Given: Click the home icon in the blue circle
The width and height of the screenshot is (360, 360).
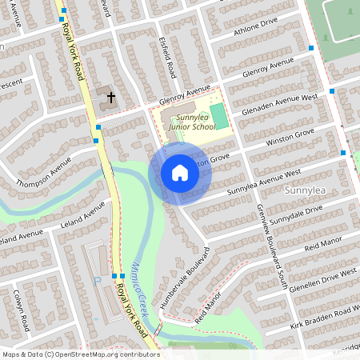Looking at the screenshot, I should click(x=179, y=173).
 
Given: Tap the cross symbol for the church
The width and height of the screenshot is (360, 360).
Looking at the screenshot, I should click(x=111, y=98).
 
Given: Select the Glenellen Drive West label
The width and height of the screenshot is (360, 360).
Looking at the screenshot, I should click(x=323, y=282).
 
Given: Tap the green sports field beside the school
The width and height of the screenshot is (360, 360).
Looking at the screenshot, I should click(x=218, y=115).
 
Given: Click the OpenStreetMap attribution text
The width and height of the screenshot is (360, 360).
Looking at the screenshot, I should click(x=80, y=354).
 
